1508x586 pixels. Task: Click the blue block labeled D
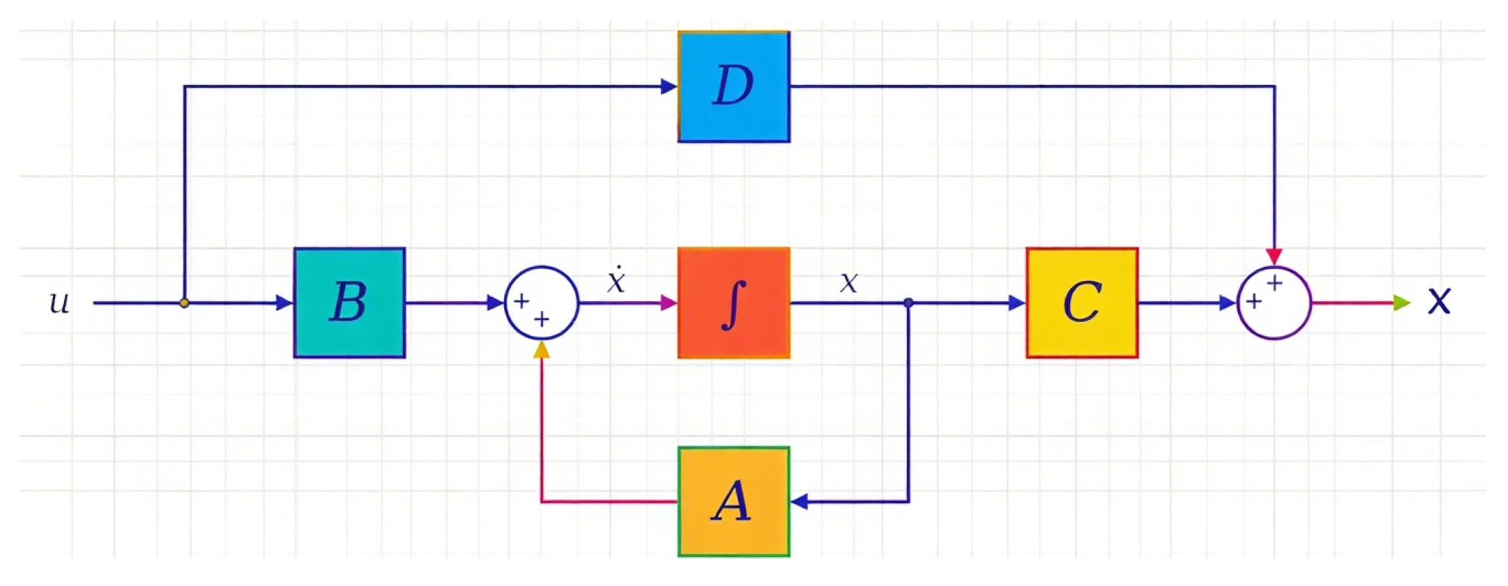coord(734,86)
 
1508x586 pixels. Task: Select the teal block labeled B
coord(349,303)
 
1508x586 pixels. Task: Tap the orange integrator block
coord(734,303)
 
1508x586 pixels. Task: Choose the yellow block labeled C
coord(1081,303)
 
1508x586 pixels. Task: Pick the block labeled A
coord(734,502)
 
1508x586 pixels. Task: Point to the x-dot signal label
coord(616,280)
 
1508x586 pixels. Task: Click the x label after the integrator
coord(849,283)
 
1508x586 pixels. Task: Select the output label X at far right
coord(1439,301)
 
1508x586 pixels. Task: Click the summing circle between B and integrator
coord(541,303)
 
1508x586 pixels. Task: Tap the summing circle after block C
coord(1274,303)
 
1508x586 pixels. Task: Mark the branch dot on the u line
coord(184,303)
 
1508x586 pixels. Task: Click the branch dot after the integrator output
coord(908,303)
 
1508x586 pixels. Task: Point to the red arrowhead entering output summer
coord(1274,256)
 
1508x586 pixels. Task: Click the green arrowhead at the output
coord(1401,303)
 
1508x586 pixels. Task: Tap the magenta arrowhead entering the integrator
coord(668,303)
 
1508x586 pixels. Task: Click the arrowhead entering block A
coord(799,502)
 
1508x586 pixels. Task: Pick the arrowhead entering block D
coord(668,86)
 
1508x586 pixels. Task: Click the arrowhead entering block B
coord(284,303)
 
